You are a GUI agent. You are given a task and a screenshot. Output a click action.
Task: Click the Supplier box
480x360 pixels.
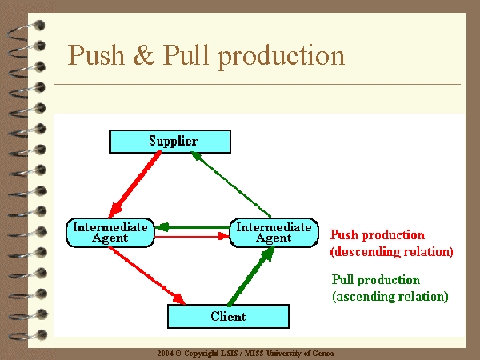click(x=170, y=142)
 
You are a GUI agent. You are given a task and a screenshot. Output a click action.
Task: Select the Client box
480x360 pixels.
click(x=228, y=316)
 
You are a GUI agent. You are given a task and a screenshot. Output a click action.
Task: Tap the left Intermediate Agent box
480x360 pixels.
click(x=110, y=233)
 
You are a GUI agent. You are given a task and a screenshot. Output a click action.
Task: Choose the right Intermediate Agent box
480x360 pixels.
click(x=274, y=233)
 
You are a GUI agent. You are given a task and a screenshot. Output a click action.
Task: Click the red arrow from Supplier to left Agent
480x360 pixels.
click(x=134, y=184)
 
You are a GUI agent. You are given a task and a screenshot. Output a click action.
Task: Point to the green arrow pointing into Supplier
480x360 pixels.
click(x=231, y=184)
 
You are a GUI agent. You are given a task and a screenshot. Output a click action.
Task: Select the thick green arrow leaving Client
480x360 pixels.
click(x=251, y=275)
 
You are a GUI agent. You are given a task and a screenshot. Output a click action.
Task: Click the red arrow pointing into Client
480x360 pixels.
click(x=147, y=275)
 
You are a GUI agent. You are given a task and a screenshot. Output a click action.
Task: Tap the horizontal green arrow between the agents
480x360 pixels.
click(x=192, y=227)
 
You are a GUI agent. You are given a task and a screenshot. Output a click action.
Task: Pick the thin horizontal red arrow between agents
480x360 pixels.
click(x=192, y=236)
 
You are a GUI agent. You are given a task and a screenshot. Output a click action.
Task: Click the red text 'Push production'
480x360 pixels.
click(x=377, y=235)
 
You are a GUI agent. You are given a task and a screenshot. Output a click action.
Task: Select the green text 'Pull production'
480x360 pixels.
click(x=376, y=280)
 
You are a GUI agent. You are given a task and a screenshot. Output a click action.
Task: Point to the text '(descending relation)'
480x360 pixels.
click(x=391, y=252)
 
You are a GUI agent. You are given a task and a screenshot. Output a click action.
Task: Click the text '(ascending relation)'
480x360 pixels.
click(x=390, y=297)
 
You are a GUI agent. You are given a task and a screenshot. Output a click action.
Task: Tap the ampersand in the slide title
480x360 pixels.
click(x=143, y=55)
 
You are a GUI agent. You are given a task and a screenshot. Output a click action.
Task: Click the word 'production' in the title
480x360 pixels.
click(x=282, y=56)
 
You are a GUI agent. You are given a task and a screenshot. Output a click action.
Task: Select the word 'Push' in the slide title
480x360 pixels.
click(x=96, y=55)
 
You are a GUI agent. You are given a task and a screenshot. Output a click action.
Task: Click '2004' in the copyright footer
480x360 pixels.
click(x=166, y=354)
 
